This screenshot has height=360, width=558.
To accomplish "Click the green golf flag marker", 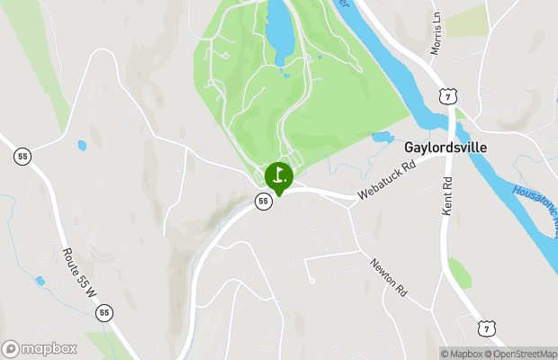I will [x=279, y=175].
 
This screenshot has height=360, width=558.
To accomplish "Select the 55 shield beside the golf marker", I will [x=263, y=201].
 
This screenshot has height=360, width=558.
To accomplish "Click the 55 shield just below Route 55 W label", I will [x=105, y=313].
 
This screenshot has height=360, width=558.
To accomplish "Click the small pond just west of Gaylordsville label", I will [x=382, y=139].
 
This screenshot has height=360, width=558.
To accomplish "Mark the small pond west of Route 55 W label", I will [x=40, y=282].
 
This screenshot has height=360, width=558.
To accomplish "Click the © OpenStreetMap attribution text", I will [x=521, y=354].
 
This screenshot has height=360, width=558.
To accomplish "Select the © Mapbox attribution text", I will [x=462, y=354].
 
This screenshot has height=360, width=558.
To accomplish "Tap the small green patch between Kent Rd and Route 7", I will [x=459, y=272].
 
